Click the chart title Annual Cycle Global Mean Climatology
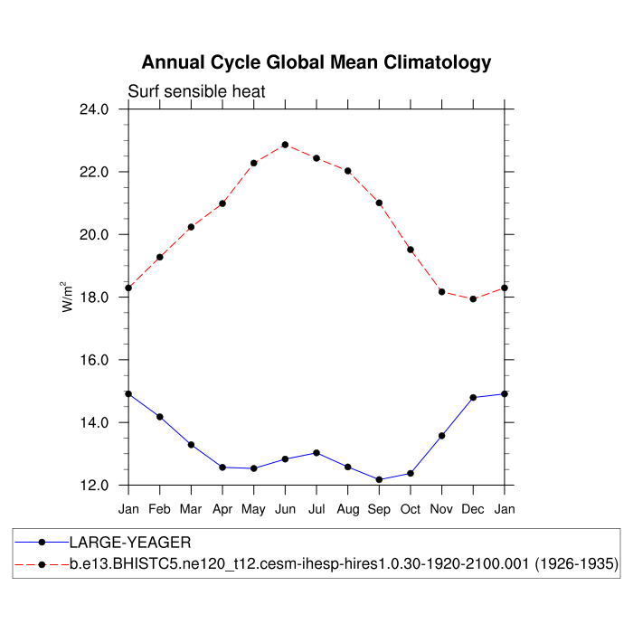[316, 62]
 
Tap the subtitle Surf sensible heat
[196, 91]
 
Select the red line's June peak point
[285, 145]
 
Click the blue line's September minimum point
[379, 479]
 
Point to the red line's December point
[473, 298]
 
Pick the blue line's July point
[316, 452]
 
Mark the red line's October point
[411, 250]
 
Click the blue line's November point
[441, 436]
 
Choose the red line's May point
[254, 163]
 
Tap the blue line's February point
[160, 417]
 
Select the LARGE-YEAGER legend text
[130, 543]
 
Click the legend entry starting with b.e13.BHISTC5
[345, 564]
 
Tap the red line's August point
[347, 171]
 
